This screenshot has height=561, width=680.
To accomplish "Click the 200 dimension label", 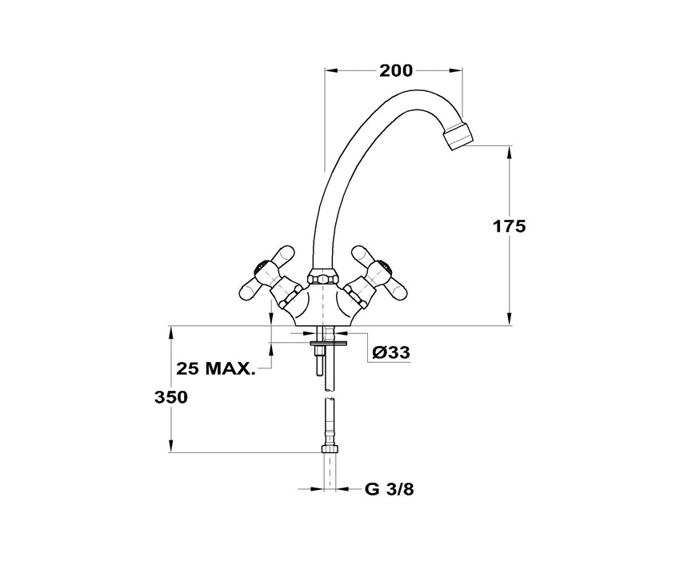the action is (396, 70).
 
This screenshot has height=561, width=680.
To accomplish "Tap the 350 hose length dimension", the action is (171, 397).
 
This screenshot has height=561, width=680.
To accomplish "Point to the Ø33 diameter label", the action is (391, 352).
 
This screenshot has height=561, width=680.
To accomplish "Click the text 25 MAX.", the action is (215, 369).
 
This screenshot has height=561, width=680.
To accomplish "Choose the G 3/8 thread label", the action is (390, 490).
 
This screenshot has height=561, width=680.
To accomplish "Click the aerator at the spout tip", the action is (458, 136).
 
